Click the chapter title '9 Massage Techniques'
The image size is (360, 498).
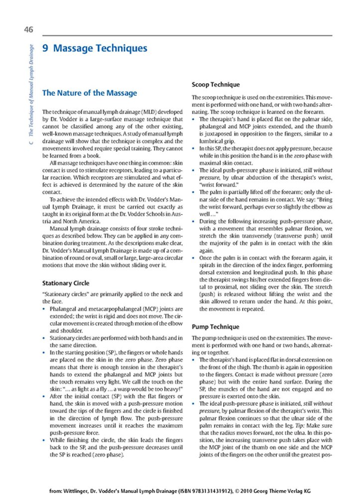pos(95,49)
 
